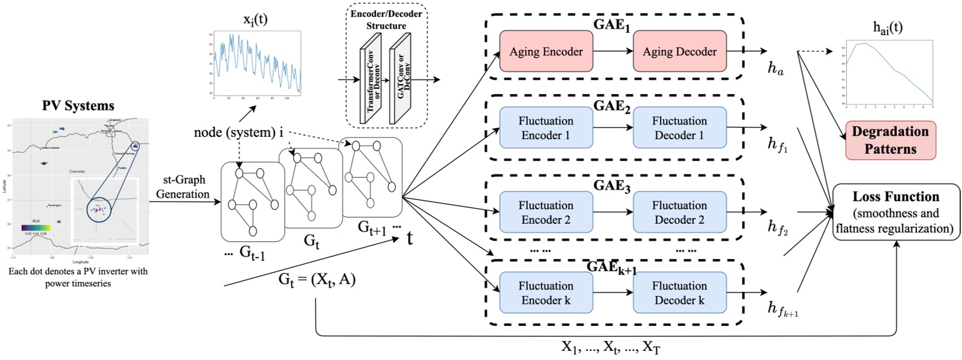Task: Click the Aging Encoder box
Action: [545, 52]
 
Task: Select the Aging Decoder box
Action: [679, 52]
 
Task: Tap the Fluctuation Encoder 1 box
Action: [545, 128]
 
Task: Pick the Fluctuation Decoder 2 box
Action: [679, 212]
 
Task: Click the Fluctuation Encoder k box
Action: [545, 292]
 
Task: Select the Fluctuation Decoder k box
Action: [679, 292]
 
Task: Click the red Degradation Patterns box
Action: [890, 140]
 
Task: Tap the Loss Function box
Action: [895, 212]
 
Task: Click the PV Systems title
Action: [78, 106]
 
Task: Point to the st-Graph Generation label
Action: [182, 187]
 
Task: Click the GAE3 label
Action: [611, 185]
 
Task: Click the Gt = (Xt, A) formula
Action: [316, 279]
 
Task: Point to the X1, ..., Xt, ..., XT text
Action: [610, 347]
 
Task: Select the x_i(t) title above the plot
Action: [255, 19]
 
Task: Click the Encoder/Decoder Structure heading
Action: [386, 19]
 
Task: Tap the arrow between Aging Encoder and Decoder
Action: [612, 52]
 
